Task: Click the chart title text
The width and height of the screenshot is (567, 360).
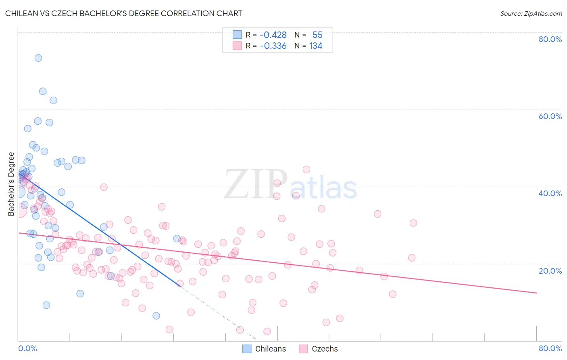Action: [124, 13]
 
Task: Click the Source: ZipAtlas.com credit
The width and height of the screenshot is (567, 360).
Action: [531, 14]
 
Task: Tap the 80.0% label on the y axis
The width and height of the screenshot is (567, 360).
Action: [550, 39]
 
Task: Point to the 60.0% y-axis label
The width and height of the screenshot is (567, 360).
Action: [550, 116]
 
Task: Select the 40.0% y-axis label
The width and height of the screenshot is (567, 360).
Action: [550, 193]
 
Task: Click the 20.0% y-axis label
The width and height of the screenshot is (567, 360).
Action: [550, 271]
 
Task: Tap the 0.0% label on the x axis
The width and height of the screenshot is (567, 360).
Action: [27, 348]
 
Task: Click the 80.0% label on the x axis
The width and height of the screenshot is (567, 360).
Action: [550, 348]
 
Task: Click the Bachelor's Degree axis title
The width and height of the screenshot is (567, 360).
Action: [11, 184]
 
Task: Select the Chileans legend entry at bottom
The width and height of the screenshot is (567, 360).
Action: [265, 349]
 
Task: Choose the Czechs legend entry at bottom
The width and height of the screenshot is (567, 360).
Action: [319, 349]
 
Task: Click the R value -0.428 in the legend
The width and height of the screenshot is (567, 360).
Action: [273, 35]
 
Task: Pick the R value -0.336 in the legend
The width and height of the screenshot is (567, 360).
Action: [273, 46]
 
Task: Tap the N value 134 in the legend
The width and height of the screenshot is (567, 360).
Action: [316, 46]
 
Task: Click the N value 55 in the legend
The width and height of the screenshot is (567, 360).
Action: [317, 35]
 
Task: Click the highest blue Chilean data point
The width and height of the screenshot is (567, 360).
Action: [38, 58]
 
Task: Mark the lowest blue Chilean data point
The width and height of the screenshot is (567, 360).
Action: [156, 316]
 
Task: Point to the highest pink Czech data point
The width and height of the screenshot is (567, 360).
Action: [306, 170]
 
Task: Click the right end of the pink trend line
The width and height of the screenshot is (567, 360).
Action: [536, 293]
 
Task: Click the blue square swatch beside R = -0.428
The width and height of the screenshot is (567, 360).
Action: [237, 35]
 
